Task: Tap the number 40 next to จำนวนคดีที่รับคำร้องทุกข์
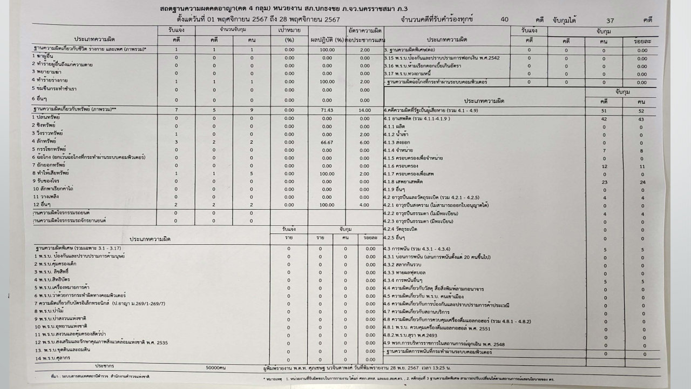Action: coord(504,20)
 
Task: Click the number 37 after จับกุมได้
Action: coord(610,21)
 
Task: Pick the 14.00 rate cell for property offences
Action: coord(363,109)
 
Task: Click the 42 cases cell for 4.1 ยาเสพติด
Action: coord(604,119)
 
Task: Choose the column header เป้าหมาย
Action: coord(289,31)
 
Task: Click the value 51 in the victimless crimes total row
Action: coord(604,110)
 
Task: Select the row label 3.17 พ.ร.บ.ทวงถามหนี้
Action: coord(419,74)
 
